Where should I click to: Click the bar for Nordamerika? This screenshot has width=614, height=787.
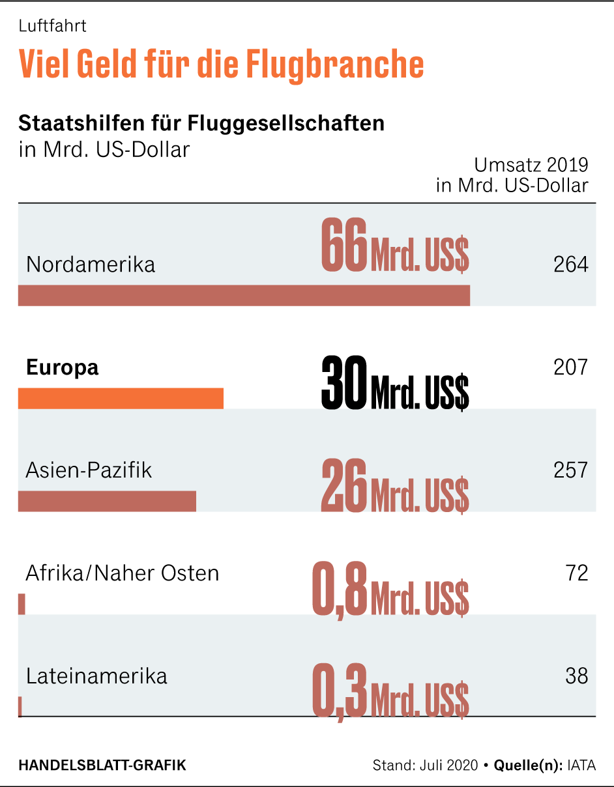tap(244, 295)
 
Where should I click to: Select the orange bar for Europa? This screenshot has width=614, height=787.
tap(121, 398)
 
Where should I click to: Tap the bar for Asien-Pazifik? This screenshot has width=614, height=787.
tap(107, 501)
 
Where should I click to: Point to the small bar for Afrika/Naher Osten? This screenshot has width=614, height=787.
tap(22, 604)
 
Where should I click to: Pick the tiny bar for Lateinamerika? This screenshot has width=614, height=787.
tap(20, 707)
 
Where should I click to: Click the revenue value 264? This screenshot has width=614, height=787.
tap(570, 265)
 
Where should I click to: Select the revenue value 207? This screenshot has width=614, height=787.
tap(570, 367)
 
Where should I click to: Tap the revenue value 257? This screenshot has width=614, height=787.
tap(570, 470)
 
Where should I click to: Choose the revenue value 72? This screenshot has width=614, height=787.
tap(577, 573)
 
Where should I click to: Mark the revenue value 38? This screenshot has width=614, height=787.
tap(577, 676)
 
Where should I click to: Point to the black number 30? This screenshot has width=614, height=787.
tap(344, 383)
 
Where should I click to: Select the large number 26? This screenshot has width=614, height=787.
tap(344, 486)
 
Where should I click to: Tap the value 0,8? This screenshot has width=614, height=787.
tap(340, 589)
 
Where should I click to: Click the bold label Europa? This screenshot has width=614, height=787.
tap(63, 367)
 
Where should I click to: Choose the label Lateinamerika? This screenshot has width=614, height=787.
tap(96, 676)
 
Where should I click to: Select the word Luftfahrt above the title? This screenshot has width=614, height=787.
tap(53, 27)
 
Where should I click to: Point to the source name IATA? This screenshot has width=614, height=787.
tap(581, 765)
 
